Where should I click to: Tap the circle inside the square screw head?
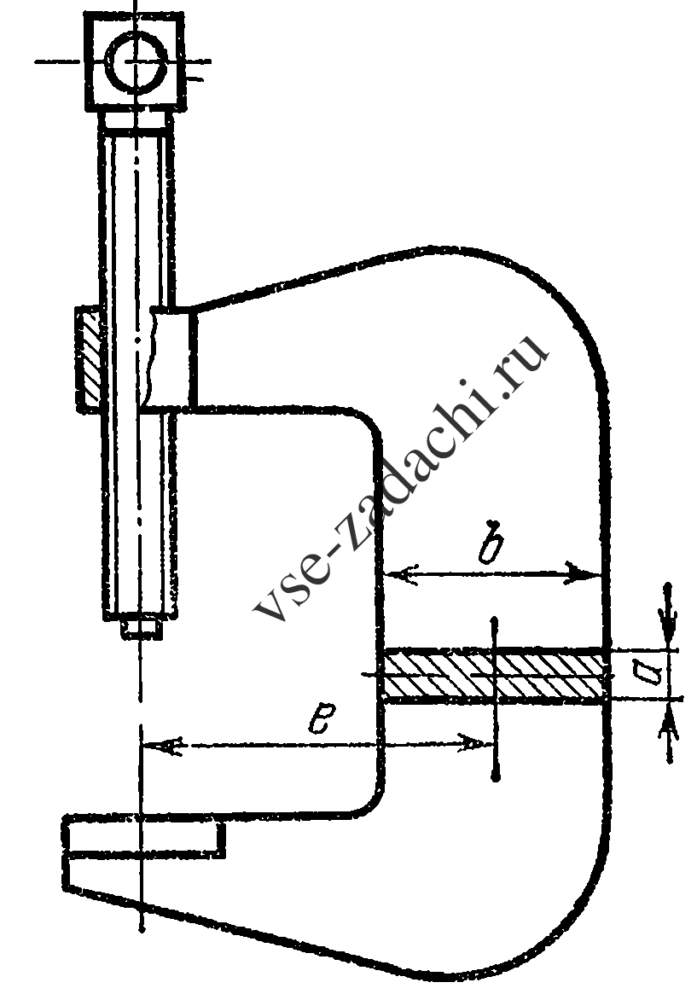[137, 61]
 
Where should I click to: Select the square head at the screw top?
[135, 61]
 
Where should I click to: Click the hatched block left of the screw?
[88, 359]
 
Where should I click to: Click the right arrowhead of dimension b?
[583, 573]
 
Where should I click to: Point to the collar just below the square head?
[136, 121]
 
